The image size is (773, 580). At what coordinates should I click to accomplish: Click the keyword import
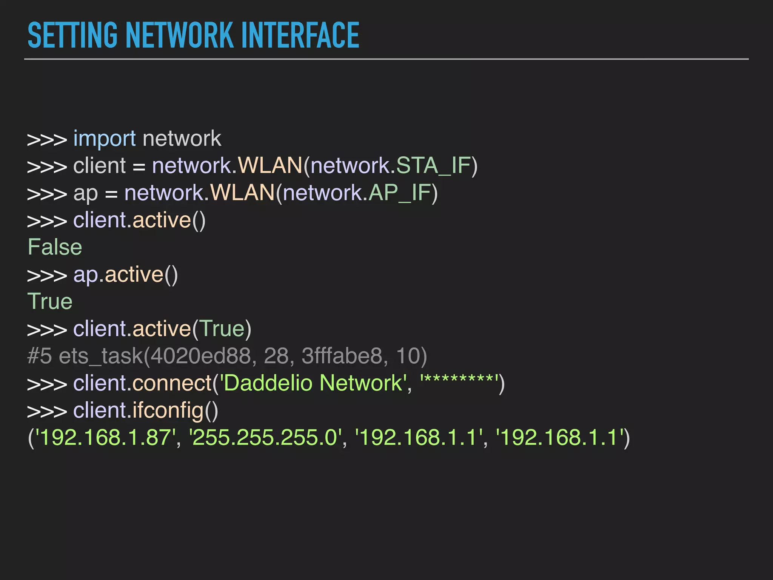(104, 139)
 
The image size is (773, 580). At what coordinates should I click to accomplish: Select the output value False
(55, 247)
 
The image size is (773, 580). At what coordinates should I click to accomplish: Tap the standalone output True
(50, 302)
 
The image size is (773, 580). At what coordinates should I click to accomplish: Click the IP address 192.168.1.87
(105, 438)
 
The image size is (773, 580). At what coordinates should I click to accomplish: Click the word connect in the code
(172, 383)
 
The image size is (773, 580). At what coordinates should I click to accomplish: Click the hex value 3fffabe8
(342, 356)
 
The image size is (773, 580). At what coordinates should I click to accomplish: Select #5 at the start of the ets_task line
(39, 356)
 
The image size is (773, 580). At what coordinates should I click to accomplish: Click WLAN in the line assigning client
(270, 166)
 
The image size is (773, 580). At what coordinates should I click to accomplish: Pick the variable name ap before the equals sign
(85, 194)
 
